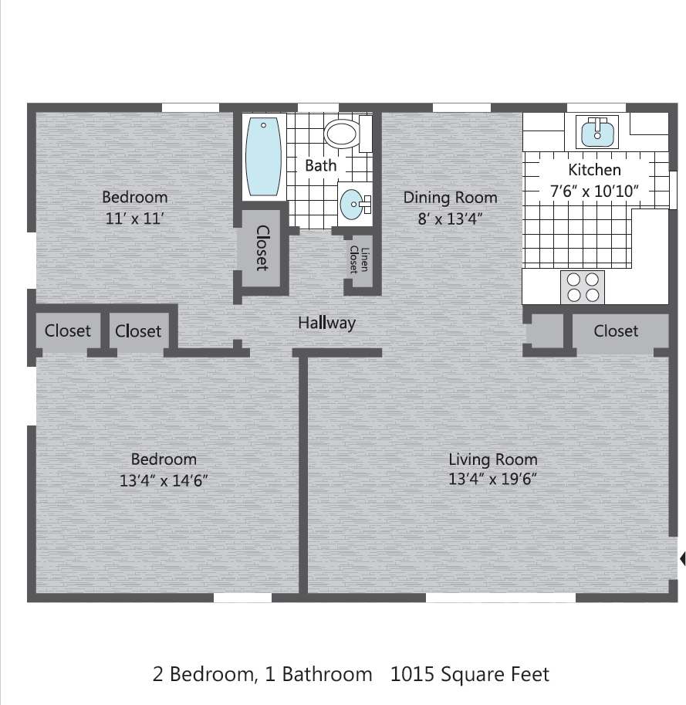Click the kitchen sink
(x=597, y=132)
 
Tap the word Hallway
(x=326, y=323)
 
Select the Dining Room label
(x=450, y=198)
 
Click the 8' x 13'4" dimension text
(x=450, y=218)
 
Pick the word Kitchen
(x=594, y=170)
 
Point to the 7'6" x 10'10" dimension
(x=594, y=190)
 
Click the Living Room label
(x=492, y=459)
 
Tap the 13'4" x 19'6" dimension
(x=492, y=479)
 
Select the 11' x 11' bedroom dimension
(x=135, y=218)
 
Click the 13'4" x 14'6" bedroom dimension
(x=164, y=480)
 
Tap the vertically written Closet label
(x=262, y=248)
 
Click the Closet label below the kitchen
(x=616, y=331)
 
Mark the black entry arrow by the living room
(x=682, y=558)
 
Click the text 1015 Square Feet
(x=470, y=674)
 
